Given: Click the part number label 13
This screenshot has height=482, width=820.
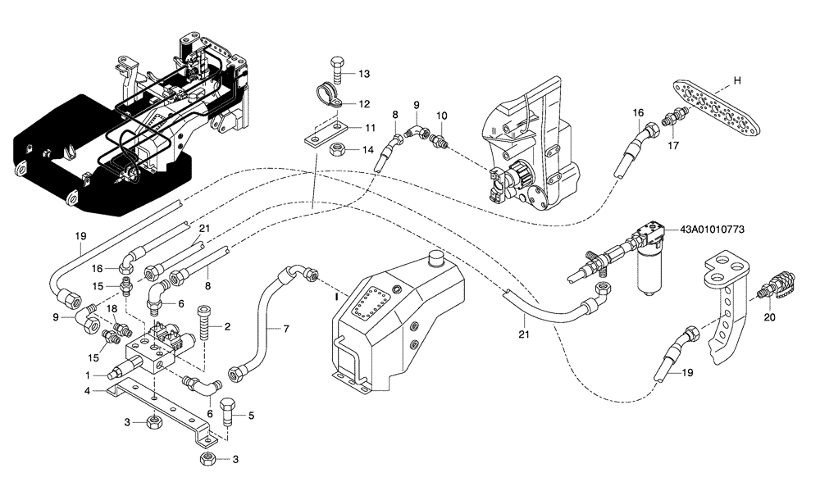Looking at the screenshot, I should click(x=363, y=74).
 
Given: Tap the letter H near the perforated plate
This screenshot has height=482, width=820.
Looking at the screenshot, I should click(x=736, y=80).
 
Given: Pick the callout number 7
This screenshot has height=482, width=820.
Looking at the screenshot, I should click(x=286, y=329).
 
